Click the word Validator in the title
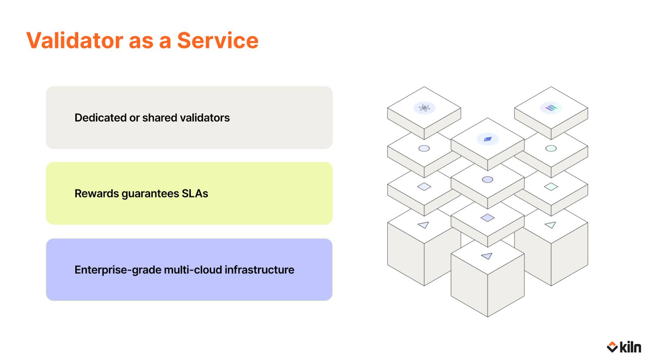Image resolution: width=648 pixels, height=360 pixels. [x=75, y=40]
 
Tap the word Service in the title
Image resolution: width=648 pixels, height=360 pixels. [x=217, y=40]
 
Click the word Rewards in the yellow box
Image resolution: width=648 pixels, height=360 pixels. [x=97, y=194]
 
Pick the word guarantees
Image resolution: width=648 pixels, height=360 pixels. [x=150, y=194]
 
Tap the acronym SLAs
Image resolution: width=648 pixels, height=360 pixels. [x=195, y=194]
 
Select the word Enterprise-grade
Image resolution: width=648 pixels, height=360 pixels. [x=118, y=270]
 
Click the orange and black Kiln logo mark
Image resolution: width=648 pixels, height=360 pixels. [x=612, y=347]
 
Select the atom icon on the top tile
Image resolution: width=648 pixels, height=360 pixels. [x=424, y=108]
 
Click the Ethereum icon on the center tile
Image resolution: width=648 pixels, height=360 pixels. [x=488, y=139]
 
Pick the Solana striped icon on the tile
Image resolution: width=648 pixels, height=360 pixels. [x=551, y=108]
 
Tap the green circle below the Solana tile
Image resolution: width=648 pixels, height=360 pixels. [x=551, y=149]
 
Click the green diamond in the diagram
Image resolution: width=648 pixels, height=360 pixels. [x=551, y=187]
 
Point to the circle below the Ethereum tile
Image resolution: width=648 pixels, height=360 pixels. [x=488, y=179]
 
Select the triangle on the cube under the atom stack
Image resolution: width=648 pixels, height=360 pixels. [x=424, y=225]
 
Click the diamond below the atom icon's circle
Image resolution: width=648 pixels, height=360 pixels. [x=424, y=187]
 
